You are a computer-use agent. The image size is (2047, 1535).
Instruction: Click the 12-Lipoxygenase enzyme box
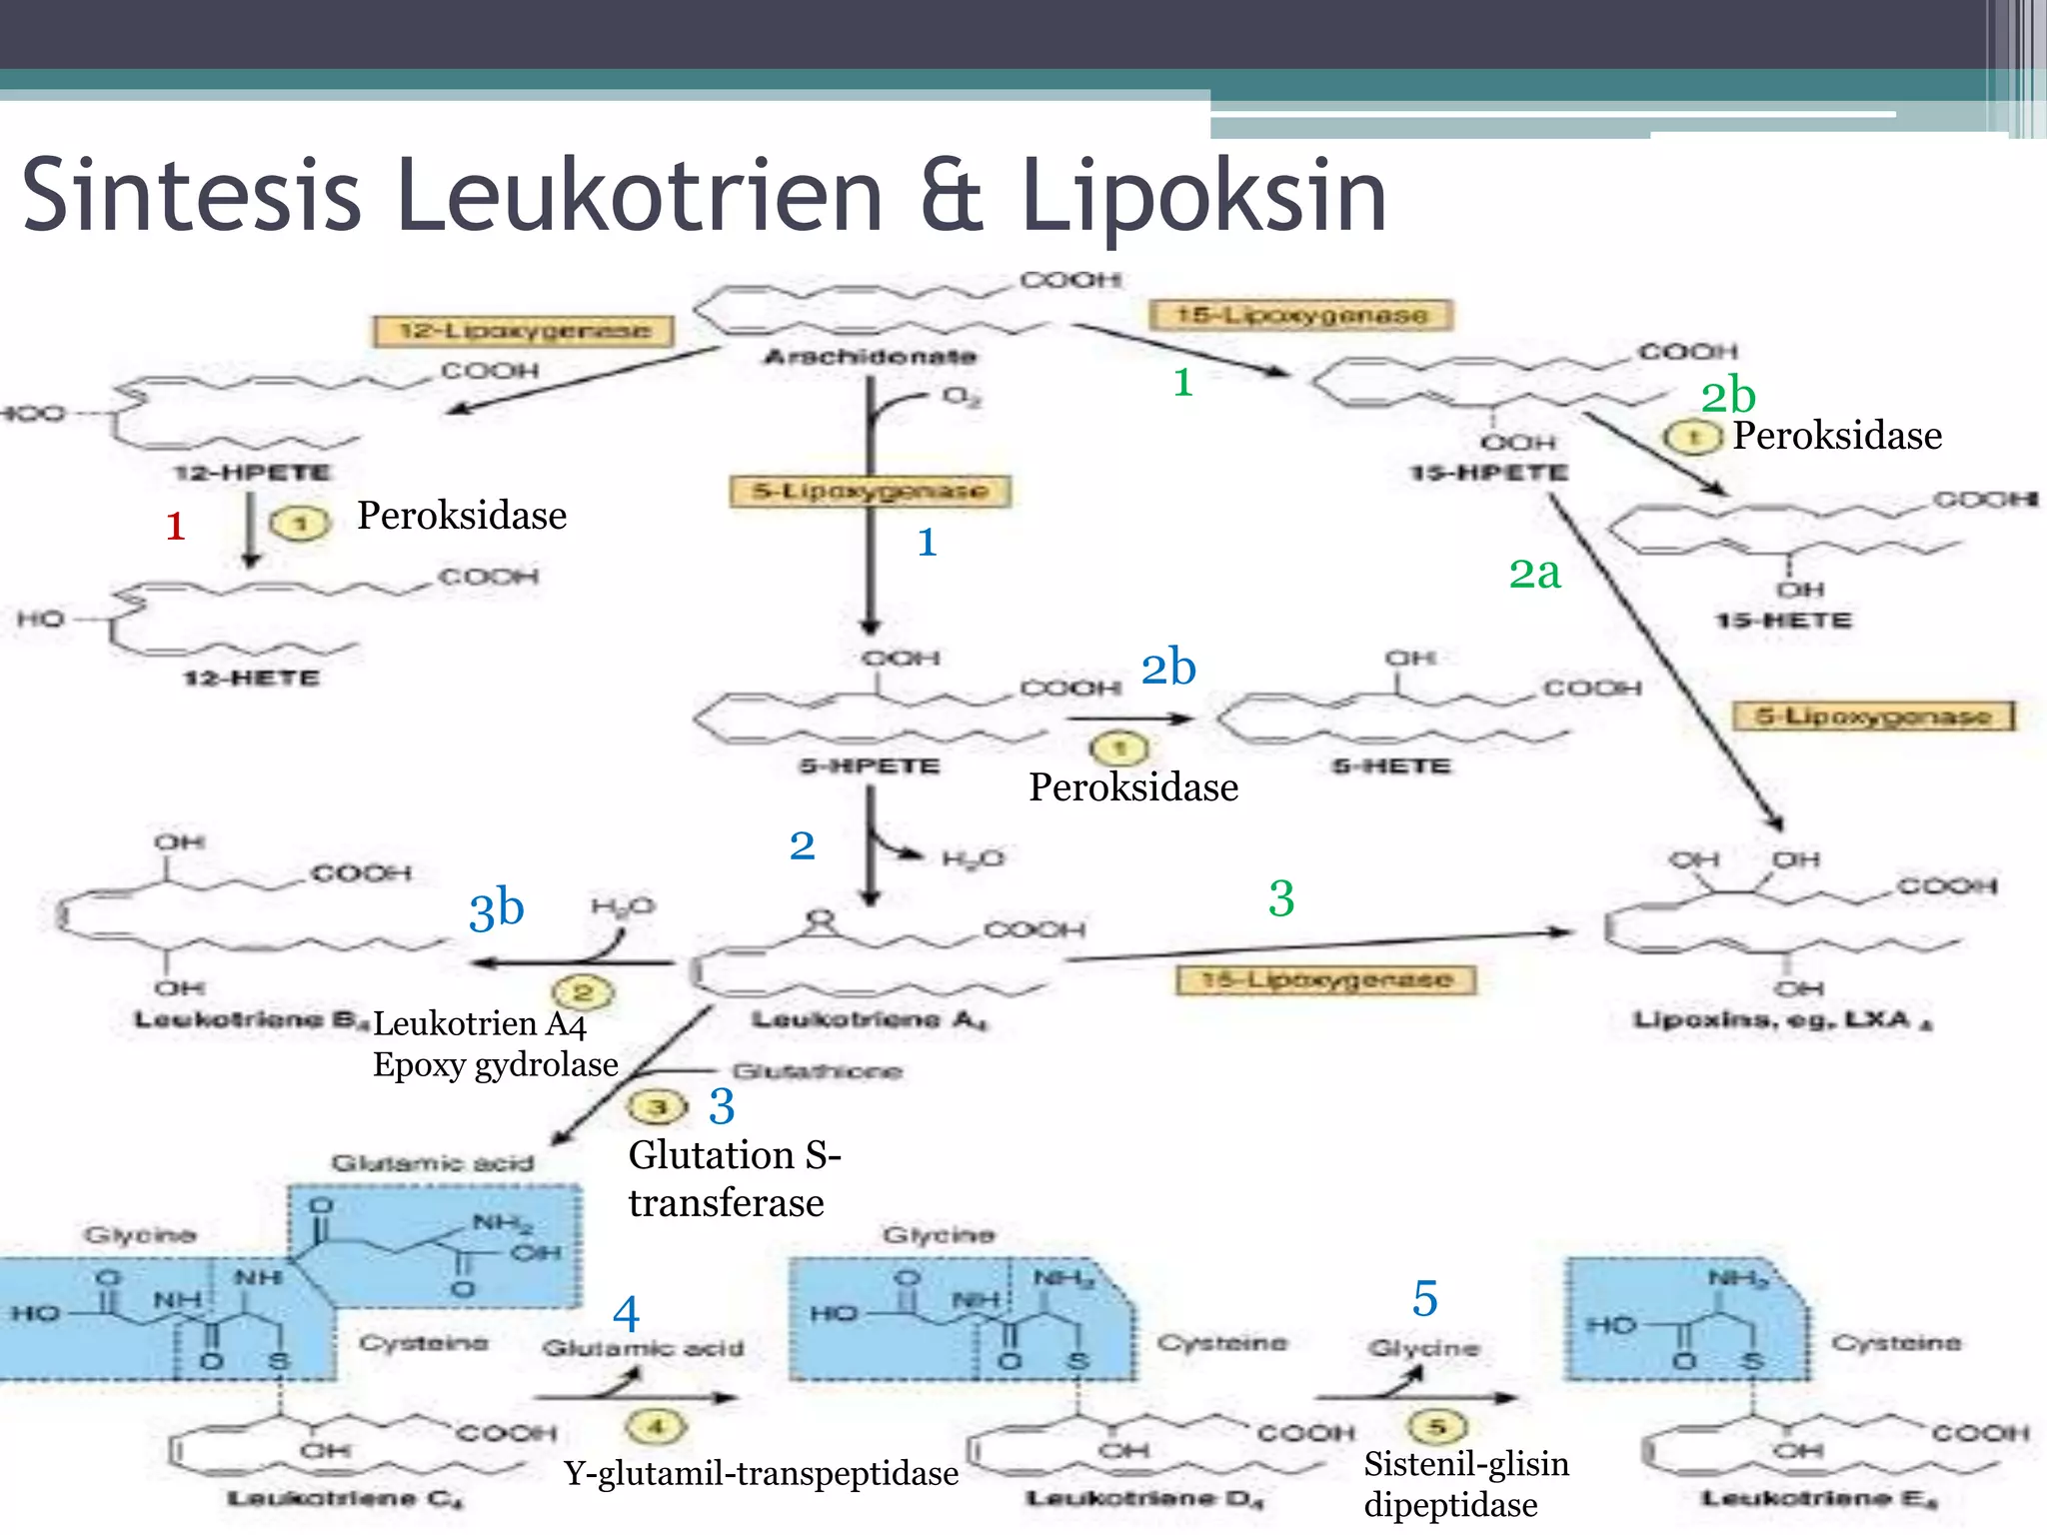click(x=523, y=331)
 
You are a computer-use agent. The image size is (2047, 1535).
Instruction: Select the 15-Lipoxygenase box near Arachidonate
click(x=1300, y=315)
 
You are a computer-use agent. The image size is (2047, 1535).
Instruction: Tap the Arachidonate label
click(x=870, y=357)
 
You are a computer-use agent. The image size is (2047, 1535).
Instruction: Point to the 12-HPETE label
click(x=251, y=472)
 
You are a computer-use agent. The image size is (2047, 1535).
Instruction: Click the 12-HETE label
click(x=251, y=679)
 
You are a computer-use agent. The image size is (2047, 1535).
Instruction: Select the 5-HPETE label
click(x=869, y=767)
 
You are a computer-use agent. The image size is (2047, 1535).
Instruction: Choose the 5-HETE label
click(x=1390, y=767)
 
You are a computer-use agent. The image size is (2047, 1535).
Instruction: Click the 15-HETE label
click(x=1783, y=621)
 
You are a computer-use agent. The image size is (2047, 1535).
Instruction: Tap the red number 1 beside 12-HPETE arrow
click(x=176, y=526)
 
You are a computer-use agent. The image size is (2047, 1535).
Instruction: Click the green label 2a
click(x=1534, y=574)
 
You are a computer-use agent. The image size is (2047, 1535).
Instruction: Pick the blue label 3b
click(x=497, y=909)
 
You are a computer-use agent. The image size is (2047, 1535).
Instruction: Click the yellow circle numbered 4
click(x=657, y=1426)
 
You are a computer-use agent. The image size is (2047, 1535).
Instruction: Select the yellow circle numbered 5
click(x=1436, y=1426)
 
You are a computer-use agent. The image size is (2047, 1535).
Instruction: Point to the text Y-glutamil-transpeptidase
click(x=761, y=1473)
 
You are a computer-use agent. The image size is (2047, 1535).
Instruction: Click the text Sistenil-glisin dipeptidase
click(x=1464, y=1484)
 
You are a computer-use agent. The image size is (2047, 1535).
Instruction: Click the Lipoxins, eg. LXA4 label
click(x=1782, y=1020)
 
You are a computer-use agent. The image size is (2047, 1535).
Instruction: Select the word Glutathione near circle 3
click(x=817, y=1071)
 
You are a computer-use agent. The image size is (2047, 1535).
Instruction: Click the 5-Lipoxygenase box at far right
click(x=1873, y=717)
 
